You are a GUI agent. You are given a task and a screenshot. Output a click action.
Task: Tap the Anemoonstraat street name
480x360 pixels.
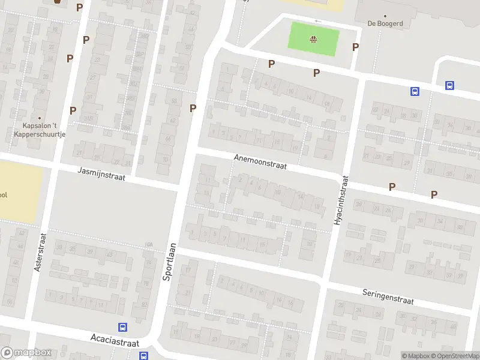(260, 161)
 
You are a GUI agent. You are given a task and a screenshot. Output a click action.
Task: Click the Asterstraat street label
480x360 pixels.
(38, 252)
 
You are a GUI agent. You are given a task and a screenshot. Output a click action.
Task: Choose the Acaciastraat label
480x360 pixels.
(115, 340)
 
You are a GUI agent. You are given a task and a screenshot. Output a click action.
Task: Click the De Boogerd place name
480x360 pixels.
(385, 24)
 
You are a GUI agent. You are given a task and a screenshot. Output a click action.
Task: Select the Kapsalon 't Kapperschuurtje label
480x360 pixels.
(40, 130)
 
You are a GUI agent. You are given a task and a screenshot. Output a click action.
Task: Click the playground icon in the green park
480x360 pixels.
(313, 40)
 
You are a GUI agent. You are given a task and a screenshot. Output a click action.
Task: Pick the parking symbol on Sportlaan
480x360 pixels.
(193, 108)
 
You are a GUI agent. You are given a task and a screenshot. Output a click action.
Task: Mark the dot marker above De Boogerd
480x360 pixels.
(385, 16)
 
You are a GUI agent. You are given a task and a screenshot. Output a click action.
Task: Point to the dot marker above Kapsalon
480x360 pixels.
(40, 118)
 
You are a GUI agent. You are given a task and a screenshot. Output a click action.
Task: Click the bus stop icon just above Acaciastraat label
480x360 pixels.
(122, 328)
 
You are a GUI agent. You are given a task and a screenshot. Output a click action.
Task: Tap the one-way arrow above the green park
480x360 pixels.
(317, 22)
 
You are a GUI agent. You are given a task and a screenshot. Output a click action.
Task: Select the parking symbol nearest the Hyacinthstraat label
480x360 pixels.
(392, 187)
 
